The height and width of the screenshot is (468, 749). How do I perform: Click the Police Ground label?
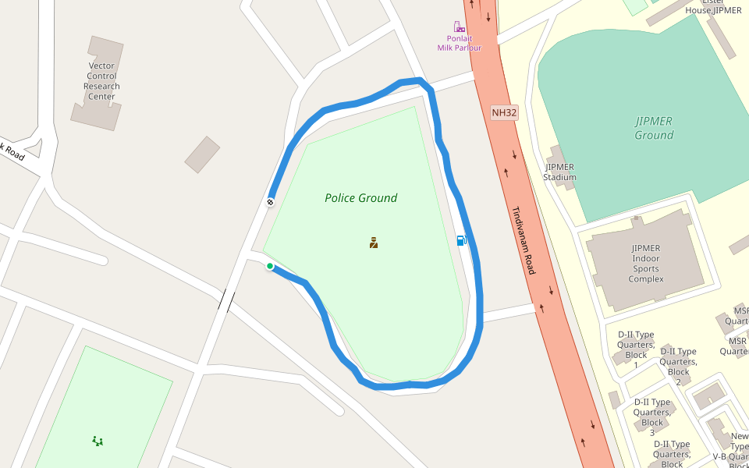coord(360,198)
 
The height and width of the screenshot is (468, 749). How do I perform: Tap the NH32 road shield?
coord(504,113)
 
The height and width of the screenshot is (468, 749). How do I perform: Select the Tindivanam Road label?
coord(524,239)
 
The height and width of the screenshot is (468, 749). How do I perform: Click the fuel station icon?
coord(462,240)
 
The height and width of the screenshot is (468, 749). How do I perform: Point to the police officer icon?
coord(374,243)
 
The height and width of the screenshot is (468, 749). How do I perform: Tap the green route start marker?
coord(270,266)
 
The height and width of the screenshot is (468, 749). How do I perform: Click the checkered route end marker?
coord(270,202)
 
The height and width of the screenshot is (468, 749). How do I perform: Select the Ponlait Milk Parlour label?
coord(459,43)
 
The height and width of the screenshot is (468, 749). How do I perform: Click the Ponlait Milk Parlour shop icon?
coord(459,27)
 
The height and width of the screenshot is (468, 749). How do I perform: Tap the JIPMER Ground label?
coord(654,128)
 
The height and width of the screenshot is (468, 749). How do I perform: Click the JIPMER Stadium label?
coord(560,172)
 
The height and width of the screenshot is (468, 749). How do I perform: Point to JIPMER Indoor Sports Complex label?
coord(645,264)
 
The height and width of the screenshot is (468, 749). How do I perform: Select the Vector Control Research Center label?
coord(101,81)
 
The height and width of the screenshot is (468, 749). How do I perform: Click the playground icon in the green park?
coord(98,441)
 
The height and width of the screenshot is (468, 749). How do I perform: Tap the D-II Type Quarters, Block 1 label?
coord(635,349)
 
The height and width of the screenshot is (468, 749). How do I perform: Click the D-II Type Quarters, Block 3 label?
coord(651,417)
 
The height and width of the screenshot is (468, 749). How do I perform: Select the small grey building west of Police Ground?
coord(202,154)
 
